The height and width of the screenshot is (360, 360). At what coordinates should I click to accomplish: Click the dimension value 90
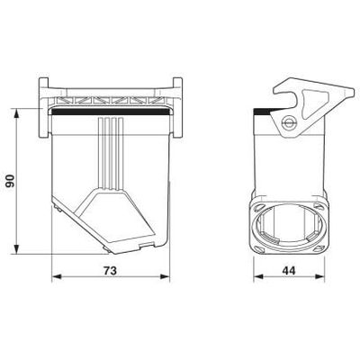tap(11, 181)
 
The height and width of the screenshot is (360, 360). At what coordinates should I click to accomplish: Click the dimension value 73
tap(110, 271)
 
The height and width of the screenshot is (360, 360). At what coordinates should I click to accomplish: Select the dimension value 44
tap(289, 271)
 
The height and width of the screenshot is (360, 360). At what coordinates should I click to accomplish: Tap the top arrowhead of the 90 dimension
tap(16, 113)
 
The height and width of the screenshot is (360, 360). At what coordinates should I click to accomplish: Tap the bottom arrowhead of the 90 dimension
tap(16, 249)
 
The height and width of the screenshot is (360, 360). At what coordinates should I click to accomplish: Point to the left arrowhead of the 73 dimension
tap(57, 276)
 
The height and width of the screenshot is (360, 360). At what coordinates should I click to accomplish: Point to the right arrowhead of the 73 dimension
tap(165, 276)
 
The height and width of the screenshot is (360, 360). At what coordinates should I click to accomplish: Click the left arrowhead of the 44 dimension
tap(258, 276)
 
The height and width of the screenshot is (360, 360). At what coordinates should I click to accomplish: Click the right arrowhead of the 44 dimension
tap(319, 276)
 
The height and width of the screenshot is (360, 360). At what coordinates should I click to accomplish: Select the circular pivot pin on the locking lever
tap(289, 122)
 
